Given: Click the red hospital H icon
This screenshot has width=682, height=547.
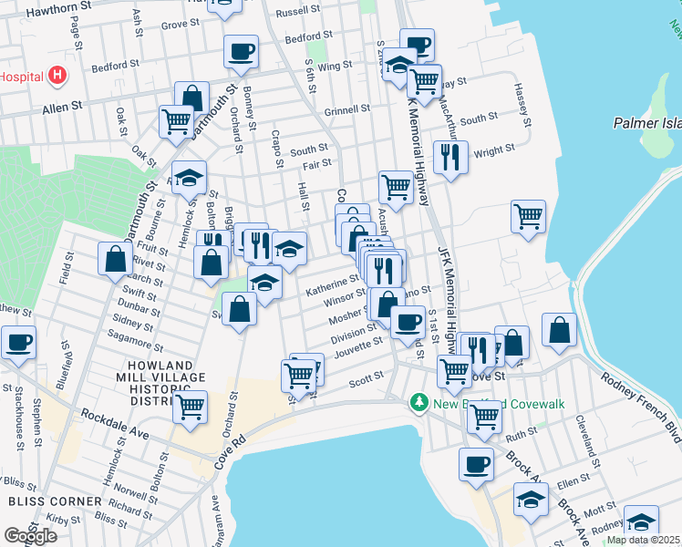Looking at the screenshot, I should (58, 75).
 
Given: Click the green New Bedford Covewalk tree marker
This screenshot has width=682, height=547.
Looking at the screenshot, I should (419, 402).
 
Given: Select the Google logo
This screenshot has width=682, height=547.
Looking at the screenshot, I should (30, 535).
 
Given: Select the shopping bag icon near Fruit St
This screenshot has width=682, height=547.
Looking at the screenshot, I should (116, 258).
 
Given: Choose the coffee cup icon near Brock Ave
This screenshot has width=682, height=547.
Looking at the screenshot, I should (475, 464).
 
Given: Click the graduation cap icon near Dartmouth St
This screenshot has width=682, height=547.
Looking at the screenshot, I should (189, 177).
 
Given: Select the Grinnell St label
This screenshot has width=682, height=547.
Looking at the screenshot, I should (347, 108).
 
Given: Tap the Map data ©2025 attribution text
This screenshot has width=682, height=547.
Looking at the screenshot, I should (643, 540).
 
